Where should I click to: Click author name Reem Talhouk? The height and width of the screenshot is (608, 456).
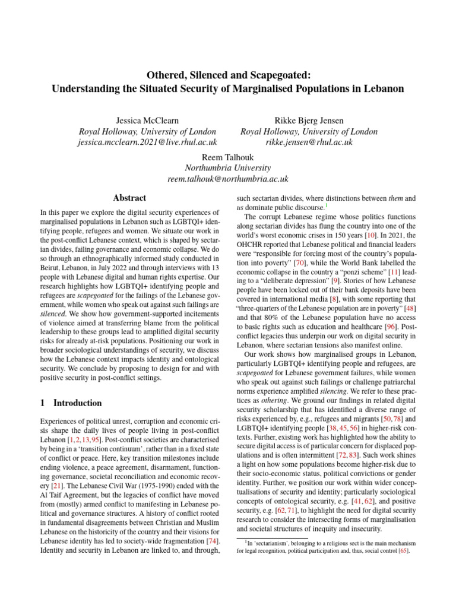[228, 156]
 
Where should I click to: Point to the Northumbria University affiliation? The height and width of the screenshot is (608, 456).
[228, 167]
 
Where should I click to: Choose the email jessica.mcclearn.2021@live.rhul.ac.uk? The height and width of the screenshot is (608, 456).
[148, 142]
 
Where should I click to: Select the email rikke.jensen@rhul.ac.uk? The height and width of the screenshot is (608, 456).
[309, 142]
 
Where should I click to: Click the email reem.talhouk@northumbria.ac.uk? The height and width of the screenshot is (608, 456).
[228, 179]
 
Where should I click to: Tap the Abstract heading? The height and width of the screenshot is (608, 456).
[129, 198]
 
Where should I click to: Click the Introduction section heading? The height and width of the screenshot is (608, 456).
[78, 403]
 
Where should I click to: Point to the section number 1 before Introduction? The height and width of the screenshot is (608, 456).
[43, 403]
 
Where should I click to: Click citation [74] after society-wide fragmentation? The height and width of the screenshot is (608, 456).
[212, 541]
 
